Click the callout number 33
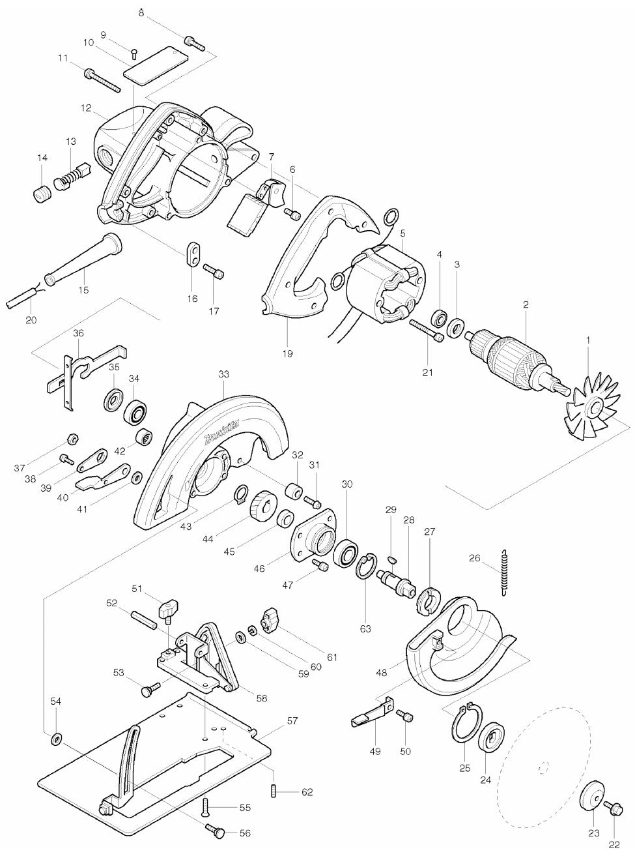tap(223, 374)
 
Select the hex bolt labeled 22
tap(613, 815)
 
